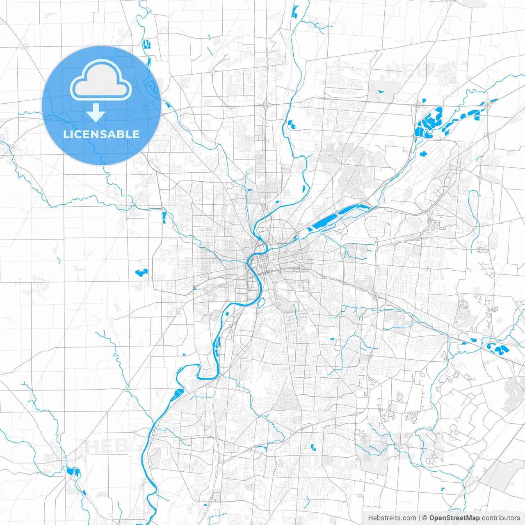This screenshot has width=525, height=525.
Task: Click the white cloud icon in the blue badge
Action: tap(101, 80)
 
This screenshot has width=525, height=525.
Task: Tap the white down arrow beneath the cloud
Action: tap(96, 113)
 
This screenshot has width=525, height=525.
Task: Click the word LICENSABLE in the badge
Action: tap(101, 134)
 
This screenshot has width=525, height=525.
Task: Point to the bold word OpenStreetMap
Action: tap(454, 518)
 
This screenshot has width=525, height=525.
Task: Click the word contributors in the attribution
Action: tap(501, 518)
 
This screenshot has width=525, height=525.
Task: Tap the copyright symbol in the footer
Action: tap(425, 518)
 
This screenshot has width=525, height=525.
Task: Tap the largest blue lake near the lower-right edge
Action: tap(498, 349)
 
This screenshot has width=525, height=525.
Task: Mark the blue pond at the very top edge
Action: tap(294, 12)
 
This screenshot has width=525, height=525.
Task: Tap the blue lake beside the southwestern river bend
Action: tap(177, 394)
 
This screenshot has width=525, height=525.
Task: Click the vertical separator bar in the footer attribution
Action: tap(419, 518)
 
